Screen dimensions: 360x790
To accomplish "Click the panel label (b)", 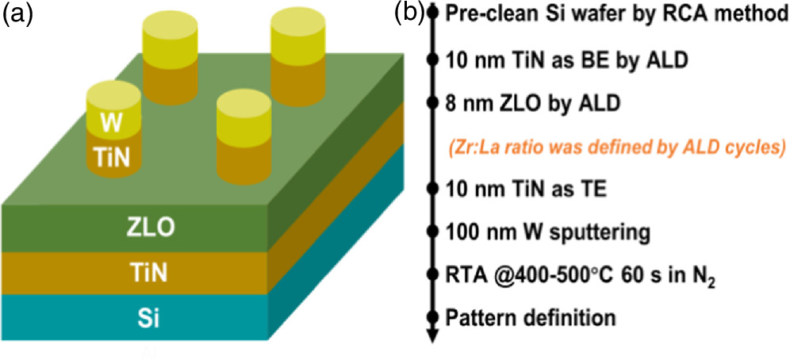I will pyautogui.click(x=411, y=13).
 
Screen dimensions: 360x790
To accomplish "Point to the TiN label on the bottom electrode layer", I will pyautogui.click(x=148, y=274).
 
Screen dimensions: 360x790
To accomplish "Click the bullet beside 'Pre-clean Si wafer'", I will pyautogui.click(x=432, y=13).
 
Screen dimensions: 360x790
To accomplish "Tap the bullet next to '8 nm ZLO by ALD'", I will pyautogui.click(x=432, y=103).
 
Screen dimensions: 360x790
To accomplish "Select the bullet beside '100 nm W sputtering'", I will pyautogui.click(x=432, y=232).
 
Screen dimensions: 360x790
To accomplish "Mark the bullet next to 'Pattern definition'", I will pyautogui.click(x=432, y=318).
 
